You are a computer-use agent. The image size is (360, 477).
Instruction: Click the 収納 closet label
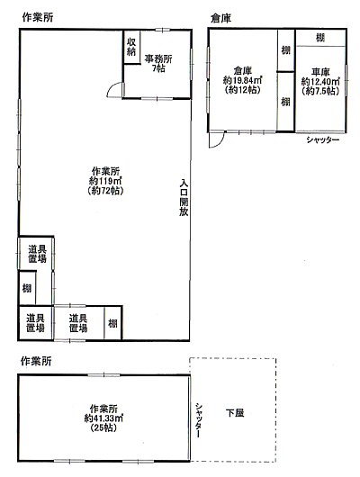click(131, 47)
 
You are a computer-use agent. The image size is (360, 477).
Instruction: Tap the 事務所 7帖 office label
click(158, 63)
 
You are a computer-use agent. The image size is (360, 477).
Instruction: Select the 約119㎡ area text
click(105, 181)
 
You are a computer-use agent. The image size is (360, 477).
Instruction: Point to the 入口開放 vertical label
click(184, 197)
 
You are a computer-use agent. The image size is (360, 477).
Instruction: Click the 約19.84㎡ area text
click(242, 80)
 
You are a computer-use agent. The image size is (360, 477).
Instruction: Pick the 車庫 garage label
click(320, 72)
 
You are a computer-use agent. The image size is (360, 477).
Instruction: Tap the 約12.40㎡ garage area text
click(320, 82)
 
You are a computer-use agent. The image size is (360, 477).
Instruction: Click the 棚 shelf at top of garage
click(320, 38)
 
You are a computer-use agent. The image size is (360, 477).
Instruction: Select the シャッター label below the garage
click(322, 139)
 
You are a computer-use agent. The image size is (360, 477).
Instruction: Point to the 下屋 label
click(235, 413)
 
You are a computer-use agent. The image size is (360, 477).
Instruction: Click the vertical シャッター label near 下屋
click(198, 420)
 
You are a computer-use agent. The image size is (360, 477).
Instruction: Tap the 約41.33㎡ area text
click(103, 418)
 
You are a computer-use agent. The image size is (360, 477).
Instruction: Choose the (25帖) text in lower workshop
click(103, 427)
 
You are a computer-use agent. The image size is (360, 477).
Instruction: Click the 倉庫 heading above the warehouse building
click(220, 18)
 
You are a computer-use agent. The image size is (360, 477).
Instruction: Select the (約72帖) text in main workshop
click(105, 191)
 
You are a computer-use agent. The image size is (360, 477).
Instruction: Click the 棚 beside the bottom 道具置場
click(112, 323)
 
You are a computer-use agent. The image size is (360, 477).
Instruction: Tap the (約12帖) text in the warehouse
click(242, 90)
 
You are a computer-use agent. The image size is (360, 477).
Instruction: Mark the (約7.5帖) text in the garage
click(320, 91)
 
